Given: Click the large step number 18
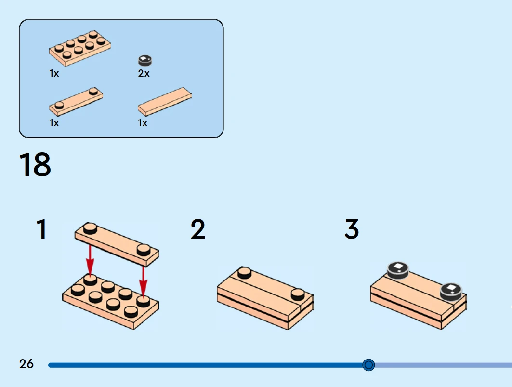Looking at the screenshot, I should tap(35, 165).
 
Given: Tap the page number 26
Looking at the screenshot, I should tap(26, 364).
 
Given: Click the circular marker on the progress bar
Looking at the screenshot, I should tap(368, 365).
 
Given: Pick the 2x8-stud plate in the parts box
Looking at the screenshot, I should tap(80, 49).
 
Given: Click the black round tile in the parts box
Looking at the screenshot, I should tap(145, 60).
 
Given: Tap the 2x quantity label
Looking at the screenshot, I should tap(144, 74).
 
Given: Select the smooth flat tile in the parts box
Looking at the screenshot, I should tap(164, 101).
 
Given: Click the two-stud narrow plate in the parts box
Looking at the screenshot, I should tap(76, 102).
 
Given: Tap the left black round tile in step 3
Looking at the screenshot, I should tap(398, 270).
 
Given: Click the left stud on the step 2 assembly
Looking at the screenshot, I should tap(244, 273).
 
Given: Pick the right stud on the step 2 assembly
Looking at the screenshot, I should tap(298, 294).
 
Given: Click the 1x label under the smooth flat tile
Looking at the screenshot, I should tap(143, 123).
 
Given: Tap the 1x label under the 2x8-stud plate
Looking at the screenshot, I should tap(54, 74).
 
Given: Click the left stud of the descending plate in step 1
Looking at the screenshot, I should tap(90, 228).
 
